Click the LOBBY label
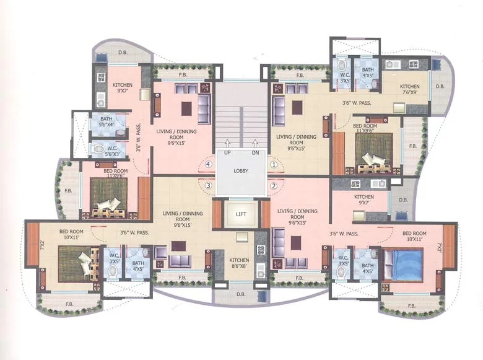point(241,170)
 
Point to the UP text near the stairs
point(227,152)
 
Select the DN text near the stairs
point(255,152)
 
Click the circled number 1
point(273,164)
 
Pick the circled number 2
point(273,185)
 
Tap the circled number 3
point(209,185)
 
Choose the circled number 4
point(209,164)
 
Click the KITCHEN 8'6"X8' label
point(239,263)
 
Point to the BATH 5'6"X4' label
point(106,121)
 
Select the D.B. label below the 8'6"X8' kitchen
point(241,295)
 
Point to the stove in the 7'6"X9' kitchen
point(412,64)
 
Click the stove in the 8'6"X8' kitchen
point(260,251)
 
